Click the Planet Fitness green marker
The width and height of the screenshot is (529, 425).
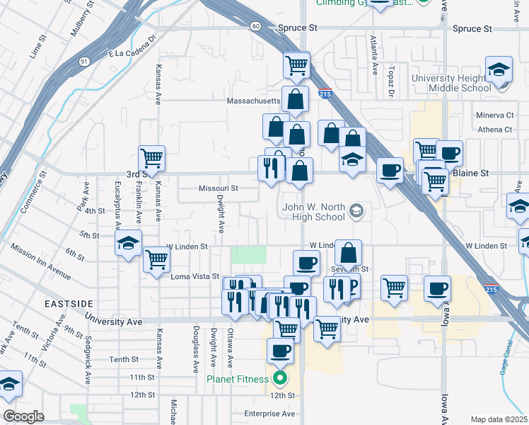280,378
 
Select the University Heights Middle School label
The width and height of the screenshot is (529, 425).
460,83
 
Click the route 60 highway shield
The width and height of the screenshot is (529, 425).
255,26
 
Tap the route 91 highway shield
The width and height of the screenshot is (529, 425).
84,62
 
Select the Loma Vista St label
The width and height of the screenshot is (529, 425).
196,276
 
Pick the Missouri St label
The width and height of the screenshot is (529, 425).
218,188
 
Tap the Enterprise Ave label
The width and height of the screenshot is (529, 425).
269,413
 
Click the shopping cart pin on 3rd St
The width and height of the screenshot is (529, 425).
151,158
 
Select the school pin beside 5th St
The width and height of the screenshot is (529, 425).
129,243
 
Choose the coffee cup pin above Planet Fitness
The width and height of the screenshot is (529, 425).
280,351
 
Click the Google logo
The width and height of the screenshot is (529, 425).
23,416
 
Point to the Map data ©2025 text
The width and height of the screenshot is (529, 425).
499,419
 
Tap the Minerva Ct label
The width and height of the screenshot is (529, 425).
494,115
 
